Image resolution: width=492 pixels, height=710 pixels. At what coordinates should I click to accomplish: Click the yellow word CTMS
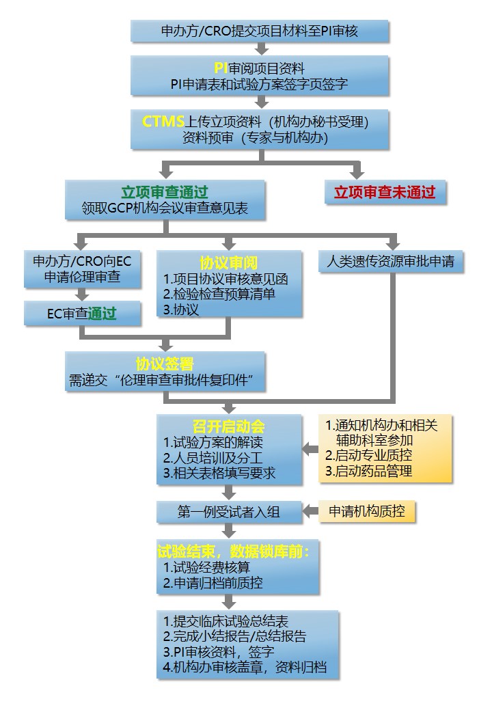click(163, 122)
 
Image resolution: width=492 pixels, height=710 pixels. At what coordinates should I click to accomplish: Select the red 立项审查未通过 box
click(385, 193)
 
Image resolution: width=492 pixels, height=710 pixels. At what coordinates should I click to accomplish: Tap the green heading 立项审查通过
click(165, 192)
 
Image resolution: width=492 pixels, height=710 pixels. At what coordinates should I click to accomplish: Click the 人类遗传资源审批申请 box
click(391, 261)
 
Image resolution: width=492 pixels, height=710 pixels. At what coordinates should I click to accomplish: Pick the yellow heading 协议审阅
click(229, 262)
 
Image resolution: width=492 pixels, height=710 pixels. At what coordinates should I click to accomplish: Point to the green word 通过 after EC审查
click(102, 314)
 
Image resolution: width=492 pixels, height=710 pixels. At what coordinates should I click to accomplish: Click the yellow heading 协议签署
click(165, 364)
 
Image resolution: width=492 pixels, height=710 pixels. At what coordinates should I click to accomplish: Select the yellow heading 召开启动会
click(229, 426)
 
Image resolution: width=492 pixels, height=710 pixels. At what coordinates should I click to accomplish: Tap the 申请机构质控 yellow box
click(367, 512)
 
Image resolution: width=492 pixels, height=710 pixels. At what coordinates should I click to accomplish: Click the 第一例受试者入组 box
click(229, 512)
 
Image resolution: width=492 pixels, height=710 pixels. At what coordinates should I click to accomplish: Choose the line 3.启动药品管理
click(369, 471)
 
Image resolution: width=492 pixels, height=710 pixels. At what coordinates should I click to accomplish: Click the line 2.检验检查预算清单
click(219, 294)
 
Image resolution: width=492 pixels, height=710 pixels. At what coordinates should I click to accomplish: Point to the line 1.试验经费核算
click(206, 567)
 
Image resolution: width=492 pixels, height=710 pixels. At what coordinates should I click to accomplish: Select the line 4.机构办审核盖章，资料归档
click(245, 667)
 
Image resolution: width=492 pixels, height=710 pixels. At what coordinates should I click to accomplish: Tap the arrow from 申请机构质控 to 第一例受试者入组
click(310, 511)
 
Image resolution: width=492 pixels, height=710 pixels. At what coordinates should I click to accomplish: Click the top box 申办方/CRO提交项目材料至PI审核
click(260, 31)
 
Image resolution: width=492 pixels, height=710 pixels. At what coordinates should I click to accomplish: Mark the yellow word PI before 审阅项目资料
click(221, 68)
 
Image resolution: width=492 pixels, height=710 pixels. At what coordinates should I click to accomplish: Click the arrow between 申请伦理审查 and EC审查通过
click(82, 295)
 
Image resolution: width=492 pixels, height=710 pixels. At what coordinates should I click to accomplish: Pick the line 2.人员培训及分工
click(213, 457)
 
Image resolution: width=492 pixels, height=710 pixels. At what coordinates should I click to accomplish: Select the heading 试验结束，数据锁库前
click(234, 551)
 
